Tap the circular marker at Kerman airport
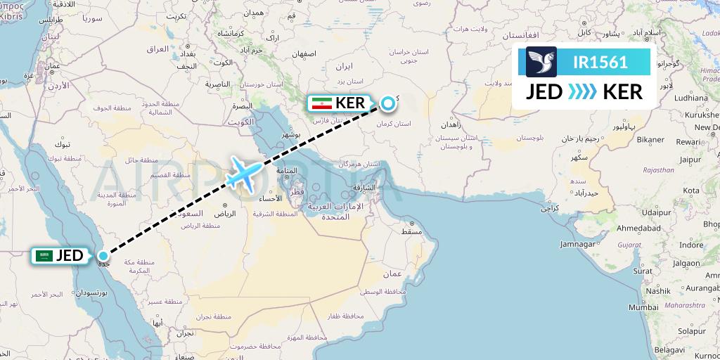[x=387, y=104]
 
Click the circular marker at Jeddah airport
[x=104, y=256]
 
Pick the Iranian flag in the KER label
[x=321, y=103]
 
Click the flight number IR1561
[x=600, y=62]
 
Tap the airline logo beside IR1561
[x=541, y=62]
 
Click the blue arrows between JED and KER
[x=581, y=91]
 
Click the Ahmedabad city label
[x=638, y=229]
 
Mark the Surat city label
[x=642, y=270]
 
